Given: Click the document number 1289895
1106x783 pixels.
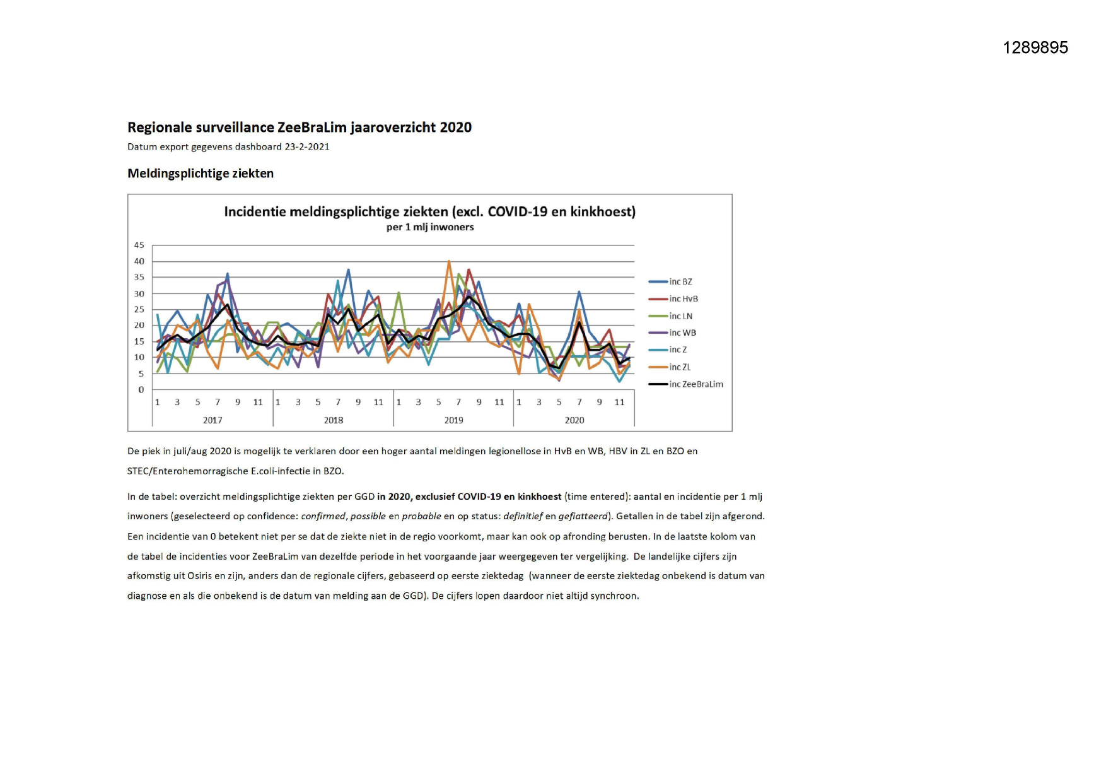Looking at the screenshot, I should point(1035,48).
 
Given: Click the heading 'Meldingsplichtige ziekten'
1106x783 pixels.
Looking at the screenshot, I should point(201,174).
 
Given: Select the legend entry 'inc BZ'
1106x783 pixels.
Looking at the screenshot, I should point(680,282).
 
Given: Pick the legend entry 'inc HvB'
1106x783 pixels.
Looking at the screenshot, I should point(684,299).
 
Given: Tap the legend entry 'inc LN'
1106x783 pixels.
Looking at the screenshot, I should point(681,316).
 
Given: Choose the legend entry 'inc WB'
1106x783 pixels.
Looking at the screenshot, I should point(683,333).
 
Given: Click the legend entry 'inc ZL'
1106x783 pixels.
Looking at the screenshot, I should point(680,367).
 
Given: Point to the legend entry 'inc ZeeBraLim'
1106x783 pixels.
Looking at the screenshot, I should point(696,384).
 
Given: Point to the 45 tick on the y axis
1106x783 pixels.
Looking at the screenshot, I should point(139,245).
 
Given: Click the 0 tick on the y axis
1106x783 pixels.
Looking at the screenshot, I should point(141,390).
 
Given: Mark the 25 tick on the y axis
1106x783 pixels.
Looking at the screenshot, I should point(139,310).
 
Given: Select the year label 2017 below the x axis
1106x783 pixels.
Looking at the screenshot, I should point(212,420).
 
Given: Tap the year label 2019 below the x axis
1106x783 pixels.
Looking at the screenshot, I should point(454,420).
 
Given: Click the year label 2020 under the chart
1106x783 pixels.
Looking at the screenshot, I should point(574,420).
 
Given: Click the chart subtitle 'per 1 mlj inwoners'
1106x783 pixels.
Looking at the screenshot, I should point(430,227).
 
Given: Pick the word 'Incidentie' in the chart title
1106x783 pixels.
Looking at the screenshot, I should point(255,212).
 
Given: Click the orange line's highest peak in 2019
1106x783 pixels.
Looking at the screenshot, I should point(449,261).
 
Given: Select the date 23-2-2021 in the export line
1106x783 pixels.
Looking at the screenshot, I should point(307,147).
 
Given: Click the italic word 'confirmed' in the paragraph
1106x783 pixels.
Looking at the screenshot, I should point(323,516).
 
